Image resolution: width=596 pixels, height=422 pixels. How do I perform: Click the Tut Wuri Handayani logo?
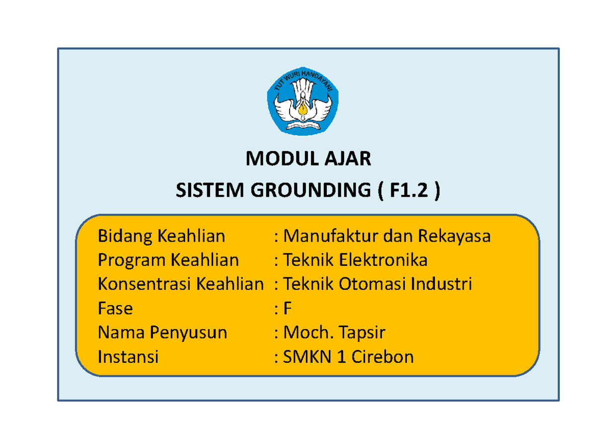(x=303, y=101)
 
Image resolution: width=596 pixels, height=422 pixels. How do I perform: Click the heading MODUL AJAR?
(x=308, y=159)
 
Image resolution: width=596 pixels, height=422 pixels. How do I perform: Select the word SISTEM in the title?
(x=204, y=189)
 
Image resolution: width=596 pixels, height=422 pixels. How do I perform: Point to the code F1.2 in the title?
(x=409, y=189)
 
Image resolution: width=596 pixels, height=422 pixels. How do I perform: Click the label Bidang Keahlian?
(x=161, y=236)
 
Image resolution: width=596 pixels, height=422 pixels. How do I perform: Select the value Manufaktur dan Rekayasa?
(x=386, y=236)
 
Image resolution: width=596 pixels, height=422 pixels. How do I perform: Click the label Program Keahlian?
(x=168, y=260)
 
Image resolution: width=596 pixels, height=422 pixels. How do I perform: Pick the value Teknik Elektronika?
(x=355, y=260)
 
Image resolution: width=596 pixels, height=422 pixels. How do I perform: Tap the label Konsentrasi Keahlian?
(x=181, y=284)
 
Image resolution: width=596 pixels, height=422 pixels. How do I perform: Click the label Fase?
(x=115, y=309)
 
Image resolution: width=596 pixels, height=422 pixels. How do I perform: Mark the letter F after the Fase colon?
(x=287, y=309)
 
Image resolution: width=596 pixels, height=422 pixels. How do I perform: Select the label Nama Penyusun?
(x=162, y=333)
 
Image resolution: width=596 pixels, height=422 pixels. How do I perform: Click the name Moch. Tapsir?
(x=334, y=333)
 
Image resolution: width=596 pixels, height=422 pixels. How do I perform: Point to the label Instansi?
(x=128, y=357)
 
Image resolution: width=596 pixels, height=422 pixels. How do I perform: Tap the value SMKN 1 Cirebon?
(x=348, y=357)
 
